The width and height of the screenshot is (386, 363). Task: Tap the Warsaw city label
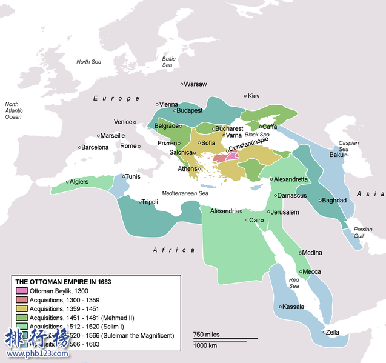tap(195, 84)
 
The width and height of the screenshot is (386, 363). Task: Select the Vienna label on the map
tap(168, 104)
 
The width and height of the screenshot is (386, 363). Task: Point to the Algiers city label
tap(79, 182)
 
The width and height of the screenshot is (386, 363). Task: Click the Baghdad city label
tap(334, 200)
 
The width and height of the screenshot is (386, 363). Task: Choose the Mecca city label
tap(312, 271)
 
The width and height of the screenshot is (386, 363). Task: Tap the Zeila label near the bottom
tap(333, 332)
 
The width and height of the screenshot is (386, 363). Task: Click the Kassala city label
tap(293, 307)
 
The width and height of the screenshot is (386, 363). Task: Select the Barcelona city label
tap(95, 147)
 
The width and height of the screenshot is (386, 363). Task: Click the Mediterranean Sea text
tap(185, 193)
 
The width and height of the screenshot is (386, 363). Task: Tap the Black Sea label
tap(257, 135)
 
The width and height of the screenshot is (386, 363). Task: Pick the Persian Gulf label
tap(363, 232)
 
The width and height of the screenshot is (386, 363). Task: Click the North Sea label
tap(88, 62)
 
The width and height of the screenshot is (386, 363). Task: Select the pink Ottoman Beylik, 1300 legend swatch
tap(21, 291)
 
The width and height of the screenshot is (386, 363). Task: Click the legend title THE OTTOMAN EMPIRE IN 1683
tap(63, 282)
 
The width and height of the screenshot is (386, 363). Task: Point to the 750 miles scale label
tap(207, 335)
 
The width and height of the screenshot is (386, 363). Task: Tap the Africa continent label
tap(173, 250)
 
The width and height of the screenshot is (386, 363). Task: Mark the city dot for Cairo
tap(247, 220)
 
